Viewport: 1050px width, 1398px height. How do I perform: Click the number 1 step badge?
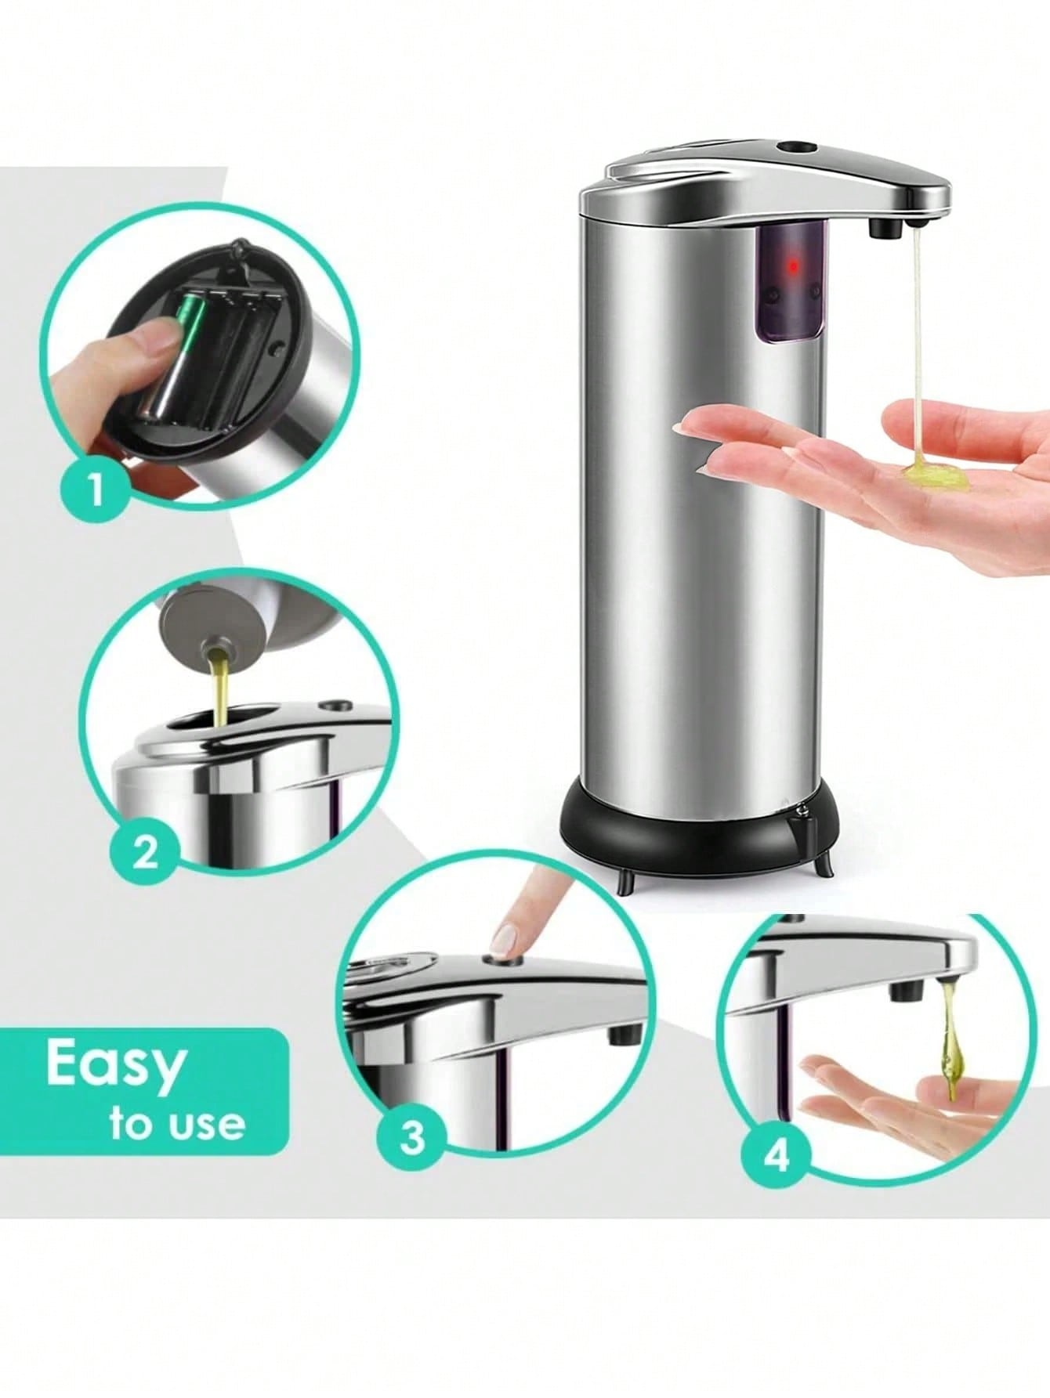click(x=96, y=491)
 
